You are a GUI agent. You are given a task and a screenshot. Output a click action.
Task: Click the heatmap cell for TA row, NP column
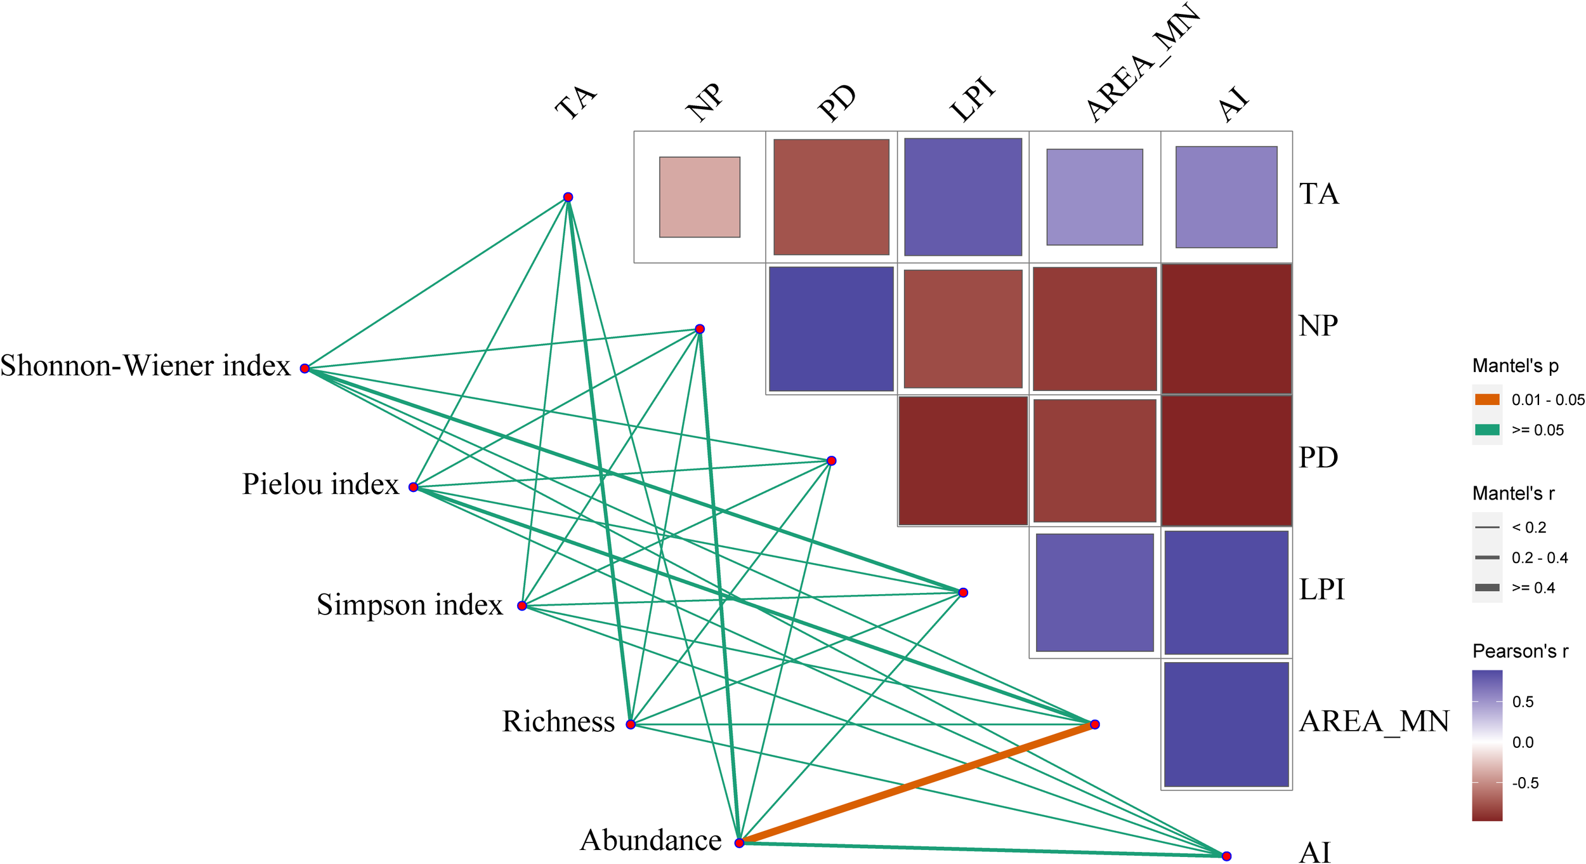point(700,197)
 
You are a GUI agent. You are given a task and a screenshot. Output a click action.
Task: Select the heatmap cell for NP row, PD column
point(831,329)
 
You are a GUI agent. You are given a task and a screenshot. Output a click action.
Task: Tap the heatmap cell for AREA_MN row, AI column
point(1226,724)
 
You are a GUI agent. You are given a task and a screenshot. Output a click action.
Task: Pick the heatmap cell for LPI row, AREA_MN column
point(1094,592)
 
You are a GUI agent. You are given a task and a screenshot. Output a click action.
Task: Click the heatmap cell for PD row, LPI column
point(963,461)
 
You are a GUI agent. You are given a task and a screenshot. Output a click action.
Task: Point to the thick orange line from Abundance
point(917,783)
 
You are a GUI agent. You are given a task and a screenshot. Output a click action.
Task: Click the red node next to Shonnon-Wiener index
point(305,368)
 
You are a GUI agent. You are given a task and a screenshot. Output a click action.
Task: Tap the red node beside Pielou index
point(414,487)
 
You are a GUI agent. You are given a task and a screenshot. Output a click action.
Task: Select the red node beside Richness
point(631,724)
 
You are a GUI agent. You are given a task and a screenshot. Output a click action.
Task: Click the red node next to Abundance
point(739,843)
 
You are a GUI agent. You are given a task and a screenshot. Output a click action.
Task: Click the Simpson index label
point(409,604)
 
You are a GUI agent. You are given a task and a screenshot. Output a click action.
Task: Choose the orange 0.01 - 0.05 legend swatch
point(1487,399)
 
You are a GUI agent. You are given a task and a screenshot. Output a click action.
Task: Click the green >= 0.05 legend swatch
point(1487,430)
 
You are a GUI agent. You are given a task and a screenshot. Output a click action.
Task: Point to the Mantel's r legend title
point(1513,493)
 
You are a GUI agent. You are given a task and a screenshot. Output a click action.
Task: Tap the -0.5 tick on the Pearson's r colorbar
point(1525,783)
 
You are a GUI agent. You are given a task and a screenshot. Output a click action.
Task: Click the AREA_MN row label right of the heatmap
point(1374,721)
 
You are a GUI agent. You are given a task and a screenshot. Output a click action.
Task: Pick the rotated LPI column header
point(973,100)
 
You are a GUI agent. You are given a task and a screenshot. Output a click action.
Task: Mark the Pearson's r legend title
point(1520,651)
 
